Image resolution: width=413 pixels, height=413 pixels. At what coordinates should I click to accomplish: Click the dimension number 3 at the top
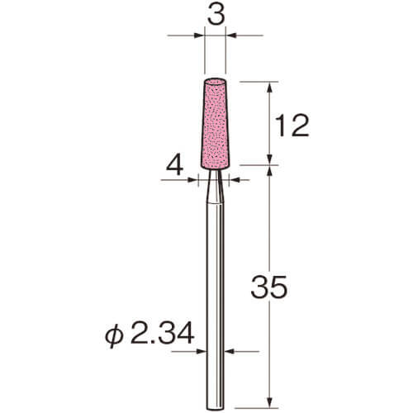click(x=216, y=16)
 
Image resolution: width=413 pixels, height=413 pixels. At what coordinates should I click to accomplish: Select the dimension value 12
click(x=292, y=126)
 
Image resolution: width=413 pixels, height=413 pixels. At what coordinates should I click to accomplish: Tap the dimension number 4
click(x=175, y=167)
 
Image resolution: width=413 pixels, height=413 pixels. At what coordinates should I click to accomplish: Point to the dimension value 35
click(x=269, y=287)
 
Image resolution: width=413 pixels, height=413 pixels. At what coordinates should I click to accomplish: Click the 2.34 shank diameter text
click(x=162, y=334)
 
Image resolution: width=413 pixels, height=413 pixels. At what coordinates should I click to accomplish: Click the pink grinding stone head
click(x=215, y=124)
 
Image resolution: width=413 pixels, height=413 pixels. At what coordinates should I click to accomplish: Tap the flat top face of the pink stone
click(x=215, y=82)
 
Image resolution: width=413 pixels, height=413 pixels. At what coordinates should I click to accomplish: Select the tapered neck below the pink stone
click(x=215, y=187)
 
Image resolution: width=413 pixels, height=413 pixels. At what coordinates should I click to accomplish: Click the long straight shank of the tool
click(x=216, y=306)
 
